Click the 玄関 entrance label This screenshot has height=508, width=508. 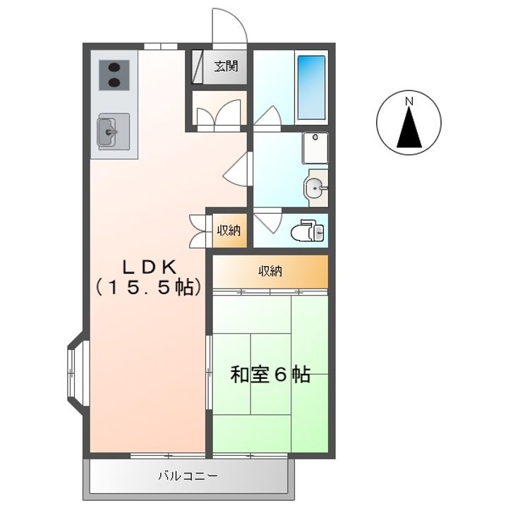[226, 66]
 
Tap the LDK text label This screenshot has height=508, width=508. [150, 267]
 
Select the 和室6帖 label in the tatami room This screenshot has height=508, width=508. [270, 375]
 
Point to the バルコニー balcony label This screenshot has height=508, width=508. [188, 476]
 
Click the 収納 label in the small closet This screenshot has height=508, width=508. [229, 230]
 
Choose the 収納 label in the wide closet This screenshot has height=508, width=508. [270, 271]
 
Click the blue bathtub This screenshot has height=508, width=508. [311, 87]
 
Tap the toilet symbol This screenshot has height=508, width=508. [308, 230]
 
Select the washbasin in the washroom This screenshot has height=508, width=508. [313, 188]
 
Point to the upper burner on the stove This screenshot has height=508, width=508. [114, 68]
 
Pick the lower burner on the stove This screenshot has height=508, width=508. [114, 83]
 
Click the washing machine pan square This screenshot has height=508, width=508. [315, 147]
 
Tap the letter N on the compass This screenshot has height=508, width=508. [409, 102]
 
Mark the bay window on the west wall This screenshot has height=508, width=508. [78, 373]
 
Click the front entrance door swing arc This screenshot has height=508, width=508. [236, 18]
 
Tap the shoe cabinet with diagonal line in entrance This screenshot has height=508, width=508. [197, 67]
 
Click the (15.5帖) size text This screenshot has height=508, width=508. [150, 286]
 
